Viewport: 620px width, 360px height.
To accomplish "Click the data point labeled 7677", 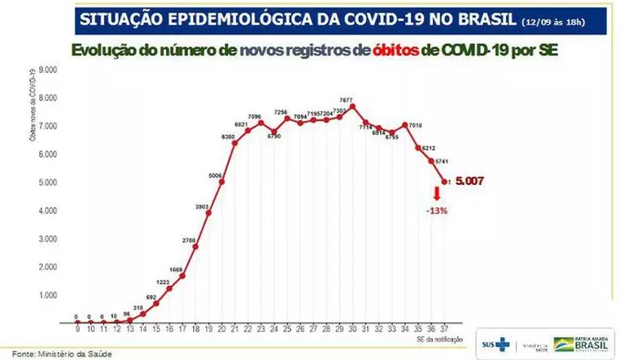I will pyautogui.click(x=352, y=106).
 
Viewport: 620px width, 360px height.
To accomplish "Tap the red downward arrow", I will pyautogui.click(x=437, y=194).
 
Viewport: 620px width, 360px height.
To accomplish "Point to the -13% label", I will pyautogui.click(x=437, y=211).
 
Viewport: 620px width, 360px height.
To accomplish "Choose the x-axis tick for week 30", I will pyautogui.click(x=352, y=330).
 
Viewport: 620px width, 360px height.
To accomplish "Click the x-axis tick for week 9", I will pyautogui.click(x=77, y=330).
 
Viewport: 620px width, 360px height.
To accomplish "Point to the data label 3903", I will pyautogui.click(x=201, y=205).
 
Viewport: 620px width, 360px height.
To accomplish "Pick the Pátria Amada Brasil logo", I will pyautogui.click(x=581, y=343).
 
